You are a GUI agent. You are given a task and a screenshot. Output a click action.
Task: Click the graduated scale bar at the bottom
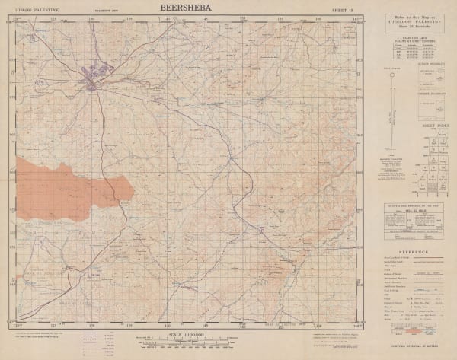click(x=187, y=343)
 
